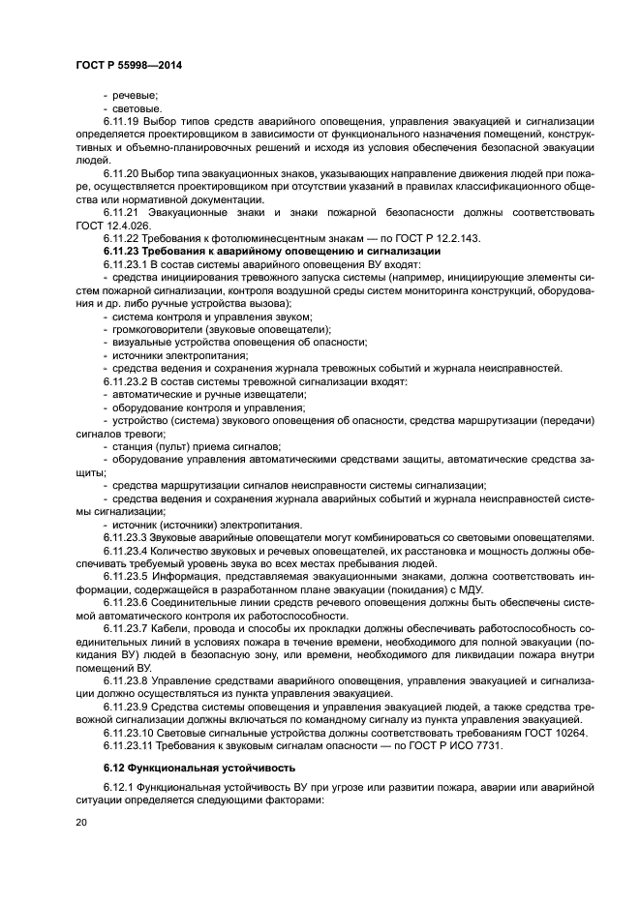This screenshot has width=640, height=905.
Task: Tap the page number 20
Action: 80,822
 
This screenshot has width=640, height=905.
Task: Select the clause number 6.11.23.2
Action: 126,381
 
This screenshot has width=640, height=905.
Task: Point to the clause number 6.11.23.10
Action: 129,732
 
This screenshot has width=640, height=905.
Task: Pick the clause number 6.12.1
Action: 117,792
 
